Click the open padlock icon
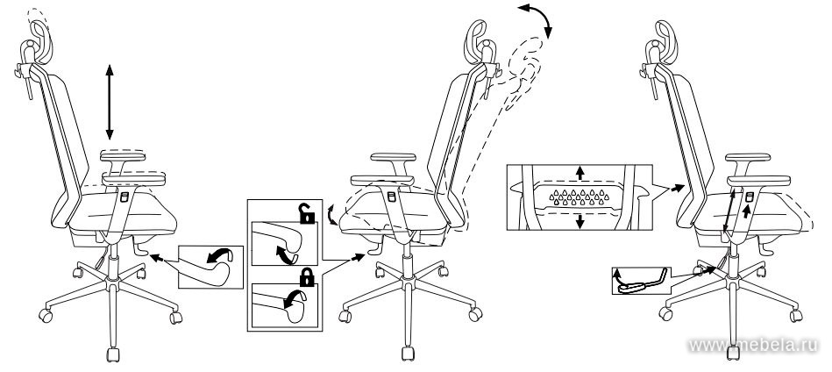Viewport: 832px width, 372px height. click(306, 213)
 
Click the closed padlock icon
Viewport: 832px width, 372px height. click(307, 276)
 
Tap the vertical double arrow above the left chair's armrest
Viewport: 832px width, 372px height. click(110, 102)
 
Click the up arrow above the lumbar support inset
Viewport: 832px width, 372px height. click(580, 173)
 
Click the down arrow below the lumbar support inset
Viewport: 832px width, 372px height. click(580, 221)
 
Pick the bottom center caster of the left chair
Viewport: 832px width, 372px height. click(112, 354)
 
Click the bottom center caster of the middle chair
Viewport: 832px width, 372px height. click(408, 354)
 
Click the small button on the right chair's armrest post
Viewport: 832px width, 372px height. click(749, 197)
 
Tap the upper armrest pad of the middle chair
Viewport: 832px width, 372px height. click(393, 157)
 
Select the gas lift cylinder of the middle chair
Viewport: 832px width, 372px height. click(407, 265)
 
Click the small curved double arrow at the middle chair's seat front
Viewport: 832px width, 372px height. click(332, 214)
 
